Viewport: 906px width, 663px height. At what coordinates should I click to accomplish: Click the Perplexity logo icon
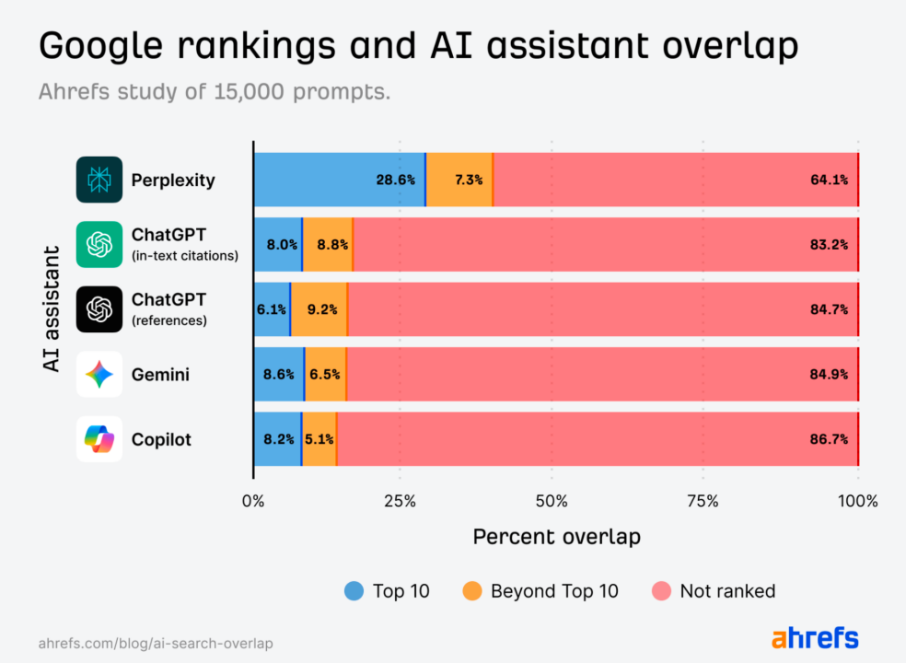(x=99, y=180)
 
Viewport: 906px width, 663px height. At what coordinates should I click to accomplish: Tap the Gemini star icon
(x=99, y=374)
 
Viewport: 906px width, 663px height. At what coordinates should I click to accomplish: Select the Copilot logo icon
(x=99, y=439)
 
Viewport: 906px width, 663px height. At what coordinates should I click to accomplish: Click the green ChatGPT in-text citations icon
(x=99, y=244)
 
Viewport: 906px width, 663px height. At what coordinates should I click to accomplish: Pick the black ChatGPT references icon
(x=99, y=309)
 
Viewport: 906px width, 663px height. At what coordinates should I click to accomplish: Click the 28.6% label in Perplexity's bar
(x=395, y=180)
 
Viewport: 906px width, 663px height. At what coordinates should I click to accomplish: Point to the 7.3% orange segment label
(x=468, y=180)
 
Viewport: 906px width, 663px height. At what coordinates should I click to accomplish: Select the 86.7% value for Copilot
(x=829, y=439)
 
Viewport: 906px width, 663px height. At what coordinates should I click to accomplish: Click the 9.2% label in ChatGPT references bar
(x=322, y=309)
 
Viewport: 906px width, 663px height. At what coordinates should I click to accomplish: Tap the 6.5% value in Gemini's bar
(x=325, y=375)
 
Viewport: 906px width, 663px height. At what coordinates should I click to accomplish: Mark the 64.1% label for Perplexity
(x=829, y=180)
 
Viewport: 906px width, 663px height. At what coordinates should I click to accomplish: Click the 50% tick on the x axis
(x=551, y=502)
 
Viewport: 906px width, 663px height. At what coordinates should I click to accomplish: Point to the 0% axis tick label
(x=253, y=502)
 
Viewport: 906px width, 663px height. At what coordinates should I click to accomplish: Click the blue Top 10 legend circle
(x=354, y=591)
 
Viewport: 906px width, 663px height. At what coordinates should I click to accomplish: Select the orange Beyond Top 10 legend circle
(x=472, y=591)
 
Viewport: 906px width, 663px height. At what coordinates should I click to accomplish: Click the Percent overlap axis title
(x=556, y=537)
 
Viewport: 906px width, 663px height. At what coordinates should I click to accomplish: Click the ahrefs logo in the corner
(x=815, y=638)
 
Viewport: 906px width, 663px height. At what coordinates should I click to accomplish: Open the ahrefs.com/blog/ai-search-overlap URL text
(x=156, y=644)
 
